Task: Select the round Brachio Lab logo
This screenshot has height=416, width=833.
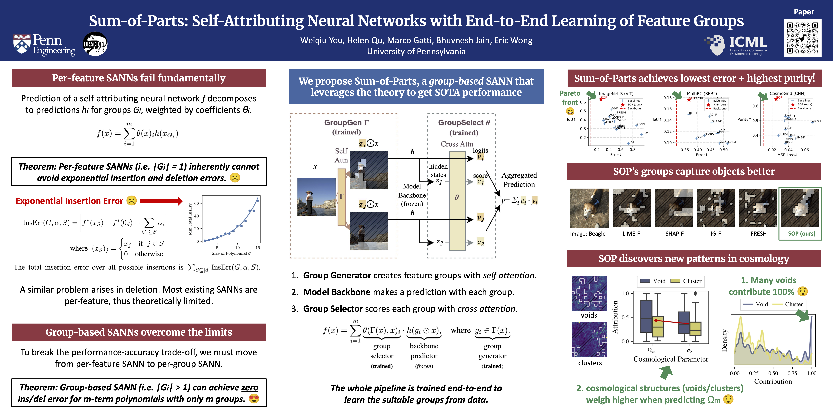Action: click(x=95, y=44)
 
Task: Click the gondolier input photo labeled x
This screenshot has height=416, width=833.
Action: click(x=316, y=197)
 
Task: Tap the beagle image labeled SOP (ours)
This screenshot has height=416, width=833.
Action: click(x=800, y=208)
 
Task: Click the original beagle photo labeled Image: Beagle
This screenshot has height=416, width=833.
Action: click(x=589, y=208)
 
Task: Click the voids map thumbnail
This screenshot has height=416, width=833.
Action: click(x=589, y=294)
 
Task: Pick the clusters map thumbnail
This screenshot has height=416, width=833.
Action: click(x=589, y=340)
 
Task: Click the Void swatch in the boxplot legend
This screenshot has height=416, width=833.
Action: click(x=645, y=281)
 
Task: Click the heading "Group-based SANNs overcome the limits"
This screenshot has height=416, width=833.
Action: click(x=139, y=332)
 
